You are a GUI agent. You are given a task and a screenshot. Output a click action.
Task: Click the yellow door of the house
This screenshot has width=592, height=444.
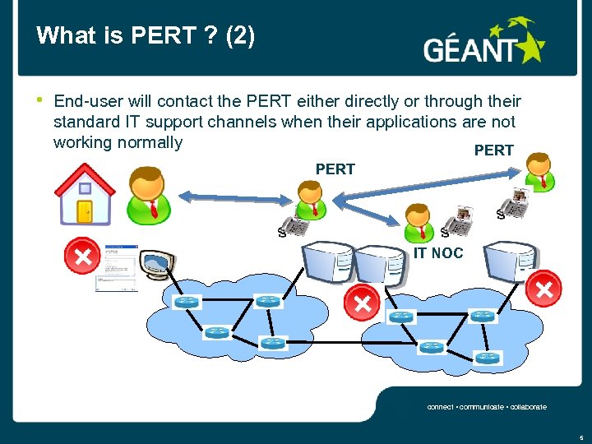84,210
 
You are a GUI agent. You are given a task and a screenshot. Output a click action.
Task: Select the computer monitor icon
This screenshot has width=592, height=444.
158,266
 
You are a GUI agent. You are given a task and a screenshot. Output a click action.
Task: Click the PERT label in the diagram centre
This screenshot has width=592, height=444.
335,169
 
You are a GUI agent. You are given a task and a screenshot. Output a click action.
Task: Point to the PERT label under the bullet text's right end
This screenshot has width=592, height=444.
494,150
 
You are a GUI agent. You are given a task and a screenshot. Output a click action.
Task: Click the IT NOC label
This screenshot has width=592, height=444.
437,253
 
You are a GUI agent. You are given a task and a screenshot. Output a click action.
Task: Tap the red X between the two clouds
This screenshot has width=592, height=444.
363,303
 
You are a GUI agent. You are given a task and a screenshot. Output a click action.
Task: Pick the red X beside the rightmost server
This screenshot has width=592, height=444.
543,289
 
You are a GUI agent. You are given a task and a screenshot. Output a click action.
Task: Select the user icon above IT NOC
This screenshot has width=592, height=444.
418,218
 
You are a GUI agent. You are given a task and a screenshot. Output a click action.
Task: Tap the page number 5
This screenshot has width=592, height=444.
580,437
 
